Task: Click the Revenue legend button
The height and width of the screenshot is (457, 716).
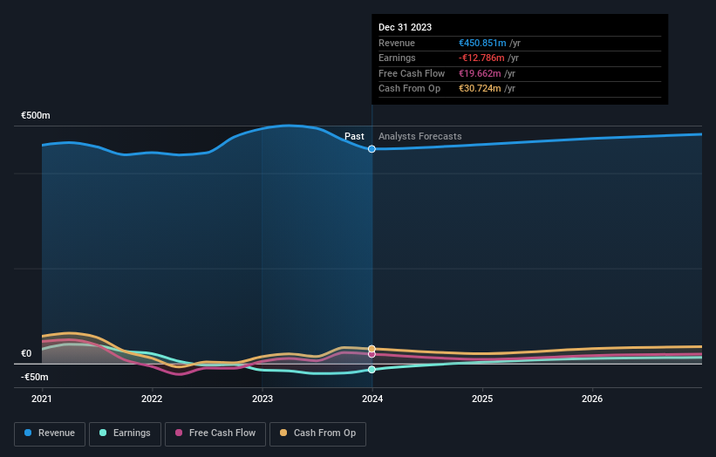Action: [50, 433]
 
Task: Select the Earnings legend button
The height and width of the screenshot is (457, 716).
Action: [125, 433]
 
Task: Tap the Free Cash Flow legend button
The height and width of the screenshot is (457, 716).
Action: [215, 433]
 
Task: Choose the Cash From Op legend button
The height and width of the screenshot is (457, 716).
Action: [317, 433]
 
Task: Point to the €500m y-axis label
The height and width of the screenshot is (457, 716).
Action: [36, 115]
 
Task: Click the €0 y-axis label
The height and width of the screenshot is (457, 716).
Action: [26, 353]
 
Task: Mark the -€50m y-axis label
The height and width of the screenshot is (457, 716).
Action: [36, 377]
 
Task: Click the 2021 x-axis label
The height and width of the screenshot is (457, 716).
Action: [42, 399]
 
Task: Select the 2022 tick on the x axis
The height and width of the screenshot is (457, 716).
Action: [152, 399]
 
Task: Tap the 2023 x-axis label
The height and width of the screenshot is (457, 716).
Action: [262, 399]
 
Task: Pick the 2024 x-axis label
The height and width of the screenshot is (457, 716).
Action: [372, 399]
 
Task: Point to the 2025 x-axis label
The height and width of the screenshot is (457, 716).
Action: [482, 399]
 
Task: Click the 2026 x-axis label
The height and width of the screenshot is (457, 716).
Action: [592, 399]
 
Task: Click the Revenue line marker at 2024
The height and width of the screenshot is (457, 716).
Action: [372, 149]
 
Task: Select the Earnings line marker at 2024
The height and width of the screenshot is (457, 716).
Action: [372, 370]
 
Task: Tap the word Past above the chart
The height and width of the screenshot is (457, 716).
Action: [354, 136]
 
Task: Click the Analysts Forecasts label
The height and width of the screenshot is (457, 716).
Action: [419, 136]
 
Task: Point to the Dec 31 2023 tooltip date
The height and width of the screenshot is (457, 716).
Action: [405, 28]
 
